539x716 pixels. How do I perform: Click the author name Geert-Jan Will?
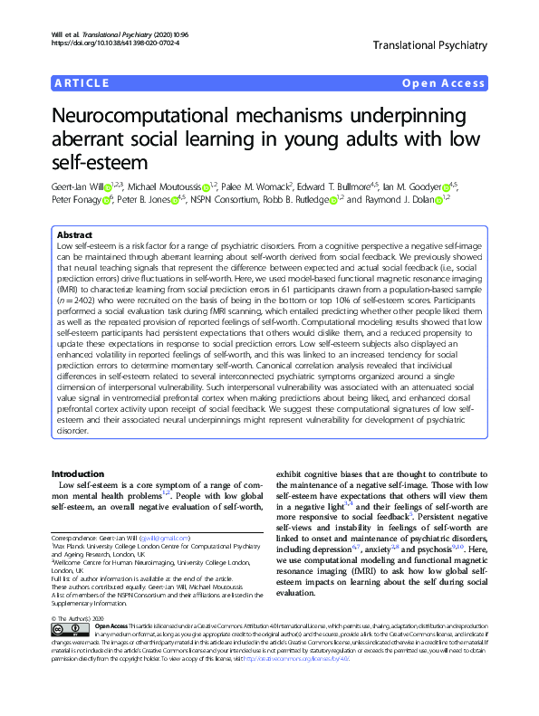click(x=77, y=187)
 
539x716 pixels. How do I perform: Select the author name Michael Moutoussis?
click(x=162, y=187)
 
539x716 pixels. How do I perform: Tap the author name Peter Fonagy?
click(x=74, y=200)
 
